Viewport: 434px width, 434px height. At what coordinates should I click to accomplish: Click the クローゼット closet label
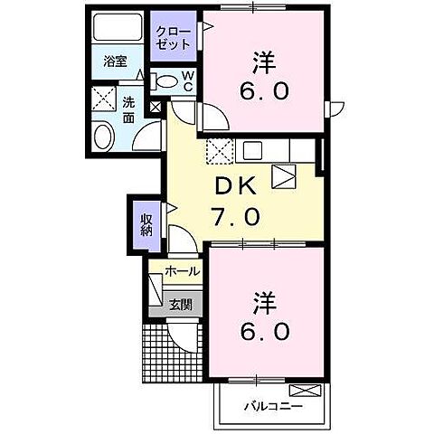pyautogui.click(x=172, y=36)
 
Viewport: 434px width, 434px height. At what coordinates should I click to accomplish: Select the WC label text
pyautogui.click(x=186, y=81)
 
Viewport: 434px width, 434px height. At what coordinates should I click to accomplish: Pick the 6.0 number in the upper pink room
pyautogui.click(x=264, y=93)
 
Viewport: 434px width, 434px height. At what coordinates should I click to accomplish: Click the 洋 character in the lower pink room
pyautogui.click(x=264, y=298)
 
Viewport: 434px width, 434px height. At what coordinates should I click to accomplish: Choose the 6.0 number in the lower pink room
pyautogui.click(x=264, y=332)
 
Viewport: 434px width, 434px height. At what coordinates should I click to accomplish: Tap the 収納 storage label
pyautogui.click(x=146, y=223)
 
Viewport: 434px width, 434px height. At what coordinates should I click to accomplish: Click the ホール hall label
pyautogui.click(x=182, y=270)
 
